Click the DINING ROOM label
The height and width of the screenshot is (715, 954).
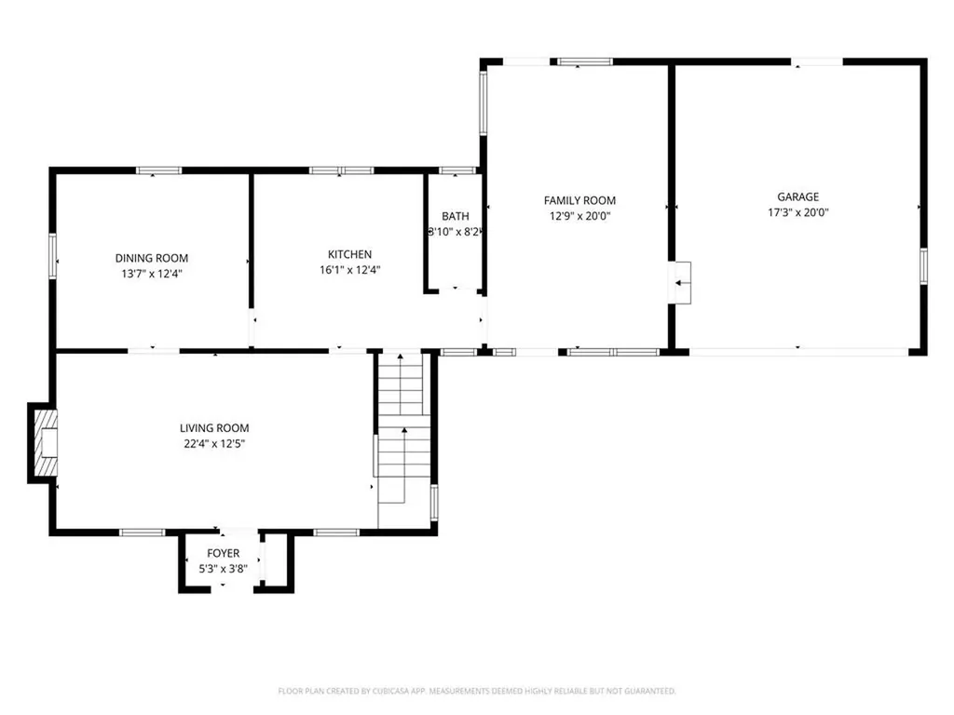[152, 258]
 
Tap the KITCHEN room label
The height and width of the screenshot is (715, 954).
[349, 254]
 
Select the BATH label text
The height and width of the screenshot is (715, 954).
[456, 216]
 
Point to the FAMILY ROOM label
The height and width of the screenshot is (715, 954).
[579, 200]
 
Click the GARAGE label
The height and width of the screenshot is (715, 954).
[798, 196]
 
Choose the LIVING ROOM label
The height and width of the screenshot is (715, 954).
[214, 428]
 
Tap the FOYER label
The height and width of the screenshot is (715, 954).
[223, 553]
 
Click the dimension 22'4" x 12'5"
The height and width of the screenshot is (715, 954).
[214, 444]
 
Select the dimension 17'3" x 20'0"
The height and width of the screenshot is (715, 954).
[798, 212]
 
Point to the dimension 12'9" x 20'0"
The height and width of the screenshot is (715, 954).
[579, 216]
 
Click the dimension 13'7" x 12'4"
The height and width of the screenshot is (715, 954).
[152, 274]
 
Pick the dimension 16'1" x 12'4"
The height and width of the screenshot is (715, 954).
[349, 270]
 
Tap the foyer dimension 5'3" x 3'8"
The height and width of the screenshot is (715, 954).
[223, 568]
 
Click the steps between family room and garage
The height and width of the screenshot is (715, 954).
[683, 282]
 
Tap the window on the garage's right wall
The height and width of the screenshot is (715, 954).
[922, 264]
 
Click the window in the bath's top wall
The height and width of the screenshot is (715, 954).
[457, 170]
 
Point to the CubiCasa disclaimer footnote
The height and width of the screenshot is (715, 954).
[477, 691]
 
